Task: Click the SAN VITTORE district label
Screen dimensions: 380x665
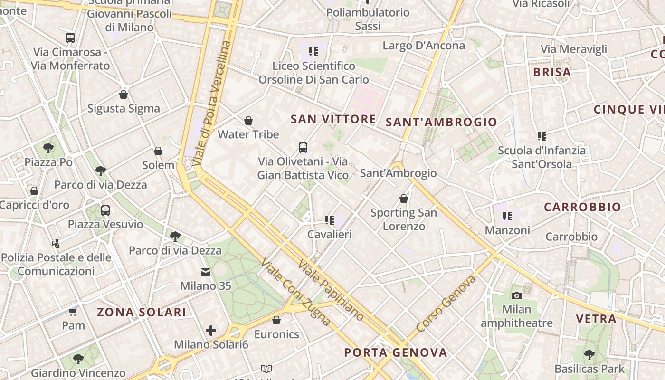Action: (333, 119)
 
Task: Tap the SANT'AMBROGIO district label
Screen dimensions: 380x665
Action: (441, 122)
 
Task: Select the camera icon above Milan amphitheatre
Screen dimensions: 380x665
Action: (517, 295)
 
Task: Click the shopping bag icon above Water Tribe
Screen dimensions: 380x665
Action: (248, 121)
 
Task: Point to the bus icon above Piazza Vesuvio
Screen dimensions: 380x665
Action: (105, 210)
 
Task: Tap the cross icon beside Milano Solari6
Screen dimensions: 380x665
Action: (211, 331)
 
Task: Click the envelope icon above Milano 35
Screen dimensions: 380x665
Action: (206, 272)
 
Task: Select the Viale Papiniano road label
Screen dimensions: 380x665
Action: (331, 290)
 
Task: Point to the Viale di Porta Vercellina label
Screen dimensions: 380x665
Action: (212, 104)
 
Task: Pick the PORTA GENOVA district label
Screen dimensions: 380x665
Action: (396, 352)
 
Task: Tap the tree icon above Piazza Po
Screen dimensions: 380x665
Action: (48, 148)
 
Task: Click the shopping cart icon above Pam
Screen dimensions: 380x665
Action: (73, 312)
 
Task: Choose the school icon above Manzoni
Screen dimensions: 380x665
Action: (507, 216)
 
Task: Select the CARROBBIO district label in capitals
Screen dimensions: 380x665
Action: (582, 207)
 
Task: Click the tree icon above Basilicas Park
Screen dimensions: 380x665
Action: (589, 354)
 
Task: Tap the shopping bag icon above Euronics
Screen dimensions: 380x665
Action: (276, 321)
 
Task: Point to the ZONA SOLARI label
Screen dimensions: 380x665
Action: (142, 312)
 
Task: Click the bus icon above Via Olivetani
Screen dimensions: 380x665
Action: (303, 148)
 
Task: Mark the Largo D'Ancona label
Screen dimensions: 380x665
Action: (424, 46)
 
